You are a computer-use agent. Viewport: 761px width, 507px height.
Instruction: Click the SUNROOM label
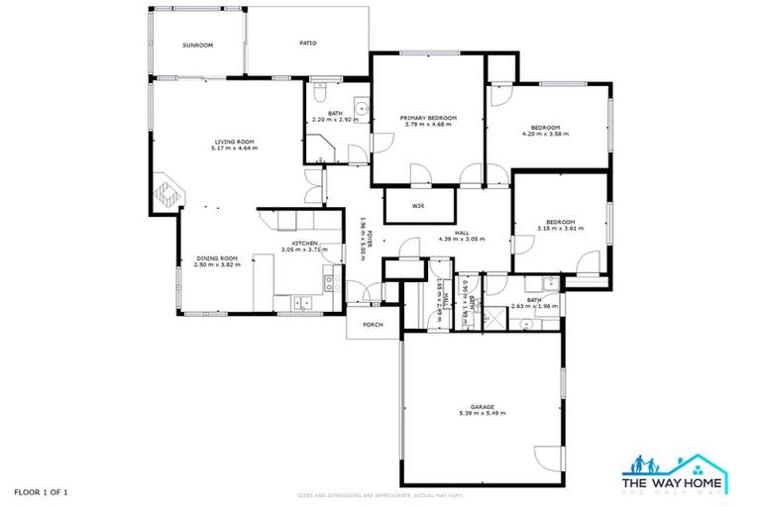pos(197,46)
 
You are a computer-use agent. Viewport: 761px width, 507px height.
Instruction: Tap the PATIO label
pos(307,43)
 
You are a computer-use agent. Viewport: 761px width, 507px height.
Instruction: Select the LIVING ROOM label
pos(234,143)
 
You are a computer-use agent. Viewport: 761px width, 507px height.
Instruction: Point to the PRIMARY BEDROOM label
pos(426,118)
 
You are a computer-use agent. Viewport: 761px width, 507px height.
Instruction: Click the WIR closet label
pos(419,206)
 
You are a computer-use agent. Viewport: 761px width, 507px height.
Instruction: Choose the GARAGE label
pos(482,406)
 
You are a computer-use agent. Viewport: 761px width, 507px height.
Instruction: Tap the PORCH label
pos(373,324)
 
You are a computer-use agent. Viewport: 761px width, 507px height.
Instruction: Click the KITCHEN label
pos(303,244)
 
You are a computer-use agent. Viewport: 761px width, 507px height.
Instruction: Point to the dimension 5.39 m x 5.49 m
pos(482,413)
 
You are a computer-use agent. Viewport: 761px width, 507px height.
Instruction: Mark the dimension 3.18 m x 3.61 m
pos(561,228)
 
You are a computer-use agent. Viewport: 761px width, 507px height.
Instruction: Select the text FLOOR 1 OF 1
pos(41,491)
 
